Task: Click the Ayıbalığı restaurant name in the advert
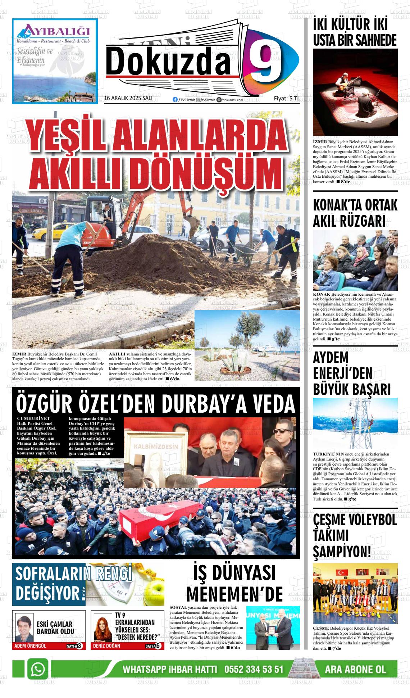point(55,30)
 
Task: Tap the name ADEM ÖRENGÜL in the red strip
point(30,646)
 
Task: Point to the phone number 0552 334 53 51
point(254,670)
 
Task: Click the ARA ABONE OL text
point(355,670)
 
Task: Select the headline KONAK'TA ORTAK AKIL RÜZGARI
point(355,213)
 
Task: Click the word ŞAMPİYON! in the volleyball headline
point(342,551)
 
